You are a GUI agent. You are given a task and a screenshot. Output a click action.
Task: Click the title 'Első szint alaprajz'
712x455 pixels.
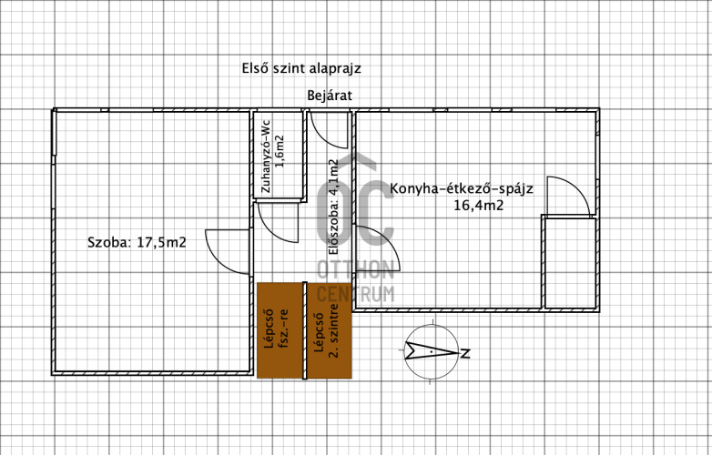pyautogui.click(x=301, y=68)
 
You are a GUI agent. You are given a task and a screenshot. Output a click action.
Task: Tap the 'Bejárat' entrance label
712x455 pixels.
pyautogui.click(x=330, y=96)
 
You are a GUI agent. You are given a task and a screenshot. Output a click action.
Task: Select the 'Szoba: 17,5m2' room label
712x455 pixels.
pyautogui.click(x=137, y=242)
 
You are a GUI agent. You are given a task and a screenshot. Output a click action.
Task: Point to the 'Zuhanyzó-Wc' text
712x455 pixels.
pyautogui.click(x=266, y=156)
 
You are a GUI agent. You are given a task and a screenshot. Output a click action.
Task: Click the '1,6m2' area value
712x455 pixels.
pyautogui.click(x=280, y=152)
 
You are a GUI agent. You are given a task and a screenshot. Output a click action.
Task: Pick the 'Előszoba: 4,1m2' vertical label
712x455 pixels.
pyautogui.click(x=334, y=207)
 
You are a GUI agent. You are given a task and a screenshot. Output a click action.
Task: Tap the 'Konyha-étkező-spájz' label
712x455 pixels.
pyautogui.click(x=462, y=188)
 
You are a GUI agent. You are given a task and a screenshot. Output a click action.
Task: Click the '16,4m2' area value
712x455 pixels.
pyautogui.click(x=479, y=206)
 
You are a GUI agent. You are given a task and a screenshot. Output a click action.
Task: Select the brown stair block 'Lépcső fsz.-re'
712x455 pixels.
pyautogui.click(x=280, y=330)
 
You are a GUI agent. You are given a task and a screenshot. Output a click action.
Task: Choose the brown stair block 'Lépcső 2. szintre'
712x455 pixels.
pyautogui.click(x=330, y=330)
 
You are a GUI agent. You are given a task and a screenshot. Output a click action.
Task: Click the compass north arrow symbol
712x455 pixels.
pyautogui.click(x=432, y=351)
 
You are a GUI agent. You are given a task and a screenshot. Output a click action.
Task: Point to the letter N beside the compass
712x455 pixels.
pyautogui.click(x=465, y=353)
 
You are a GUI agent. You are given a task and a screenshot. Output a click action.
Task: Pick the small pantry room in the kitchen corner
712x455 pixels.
pyautogui.click(x=569, y=263)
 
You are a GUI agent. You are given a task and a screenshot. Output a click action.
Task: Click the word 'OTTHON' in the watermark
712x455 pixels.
pyautogui.click(x=355, y=270)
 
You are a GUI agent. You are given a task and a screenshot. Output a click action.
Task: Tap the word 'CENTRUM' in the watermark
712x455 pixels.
pyautogui.click(x=355, y=294)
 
